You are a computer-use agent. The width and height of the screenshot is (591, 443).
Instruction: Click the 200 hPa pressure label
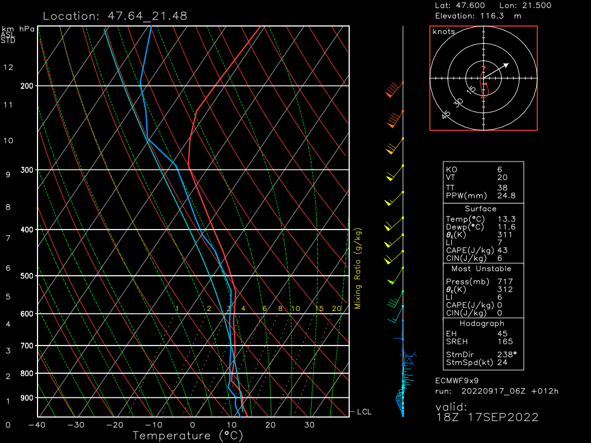click(27, 86)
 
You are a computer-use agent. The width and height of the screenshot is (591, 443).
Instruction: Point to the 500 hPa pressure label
click(27, 276)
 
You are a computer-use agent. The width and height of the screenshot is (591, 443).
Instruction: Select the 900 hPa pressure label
click(27, 398)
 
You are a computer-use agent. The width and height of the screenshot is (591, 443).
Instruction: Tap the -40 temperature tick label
click(38, 425)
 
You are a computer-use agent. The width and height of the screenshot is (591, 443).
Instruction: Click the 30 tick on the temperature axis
click(309, 425)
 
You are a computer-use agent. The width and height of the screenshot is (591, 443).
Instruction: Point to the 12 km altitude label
click(8, 67)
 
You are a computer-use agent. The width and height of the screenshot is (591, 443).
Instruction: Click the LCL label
click(364, 412)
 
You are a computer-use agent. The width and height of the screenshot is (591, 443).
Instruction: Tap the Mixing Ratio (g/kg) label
click(358, 268)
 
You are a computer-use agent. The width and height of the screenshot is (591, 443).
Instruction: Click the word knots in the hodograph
click(443, 32)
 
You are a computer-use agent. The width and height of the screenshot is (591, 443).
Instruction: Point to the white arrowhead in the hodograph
click(506, 65)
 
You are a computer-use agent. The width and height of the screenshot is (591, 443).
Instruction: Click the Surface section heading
click(480, 209)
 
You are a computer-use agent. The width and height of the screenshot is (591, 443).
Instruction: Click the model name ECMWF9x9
click(457, 381)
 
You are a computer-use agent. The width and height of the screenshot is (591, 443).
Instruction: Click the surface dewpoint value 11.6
click(506, 227)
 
